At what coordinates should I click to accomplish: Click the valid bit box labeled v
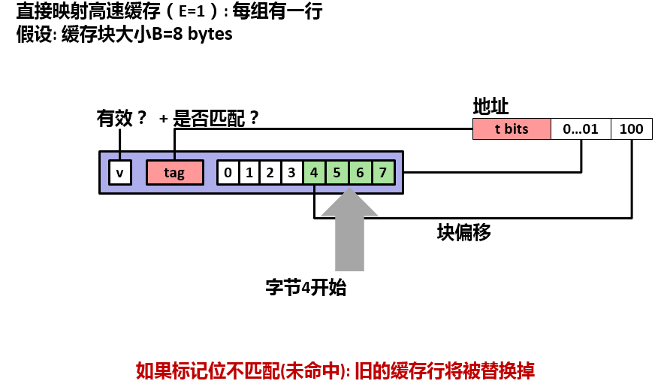[x=119, y=173]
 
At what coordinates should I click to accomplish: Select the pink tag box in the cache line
[x=174, y=173]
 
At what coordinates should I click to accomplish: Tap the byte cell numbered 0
[x=228, y=173]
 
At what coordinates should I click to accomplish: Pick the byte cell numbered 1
[x=249, y=173]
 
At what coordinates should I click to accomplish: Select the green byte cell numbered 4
[x=314, y=173]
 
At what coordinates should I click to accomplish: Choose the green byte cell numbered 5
[x=337, y=173]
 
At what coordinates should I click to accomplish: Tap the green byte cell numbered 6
[x=360, y=173]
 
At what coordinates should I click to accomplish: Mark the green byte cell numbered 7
[x=382, y=173]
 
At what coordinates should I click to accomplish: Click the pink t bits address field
[x=512, y=129]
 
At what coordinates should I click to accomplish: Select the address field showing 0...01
[x=581, y=129]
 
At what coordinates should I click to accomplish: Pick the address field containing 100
[x=632, y=129]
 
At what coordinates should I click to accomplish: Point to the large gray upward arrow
[x=350, y=233]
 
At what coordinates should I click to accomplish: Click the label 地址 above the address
[x=491, y=106]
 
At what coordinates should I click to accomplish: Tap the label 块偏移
[x=464, y=232]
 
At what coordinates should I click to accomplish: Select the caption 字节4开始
[x=306, y=288]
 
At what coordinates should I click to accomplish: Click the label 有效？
[x=122, y=119]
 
